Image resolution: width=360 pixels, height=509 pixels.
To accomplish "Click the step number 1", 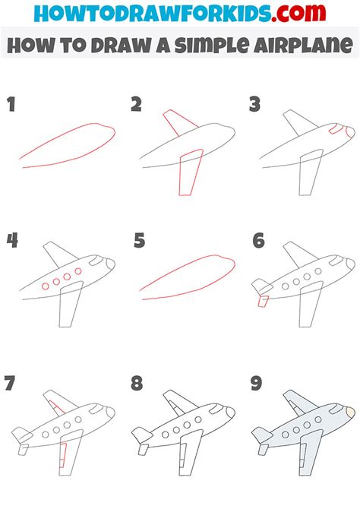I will point(11,104).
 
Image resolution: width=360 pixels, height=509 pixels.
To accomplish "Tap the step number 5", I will point(138,242).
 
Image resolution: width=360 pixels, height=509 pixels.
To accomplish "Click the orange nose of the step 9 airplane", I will point(349,412).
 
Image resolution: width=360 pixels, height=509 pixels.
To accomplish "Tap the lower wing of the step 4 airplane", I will point(70,308).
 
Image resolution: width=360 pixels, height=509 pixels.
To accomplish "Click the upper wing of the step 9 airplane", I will point(295,403).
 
